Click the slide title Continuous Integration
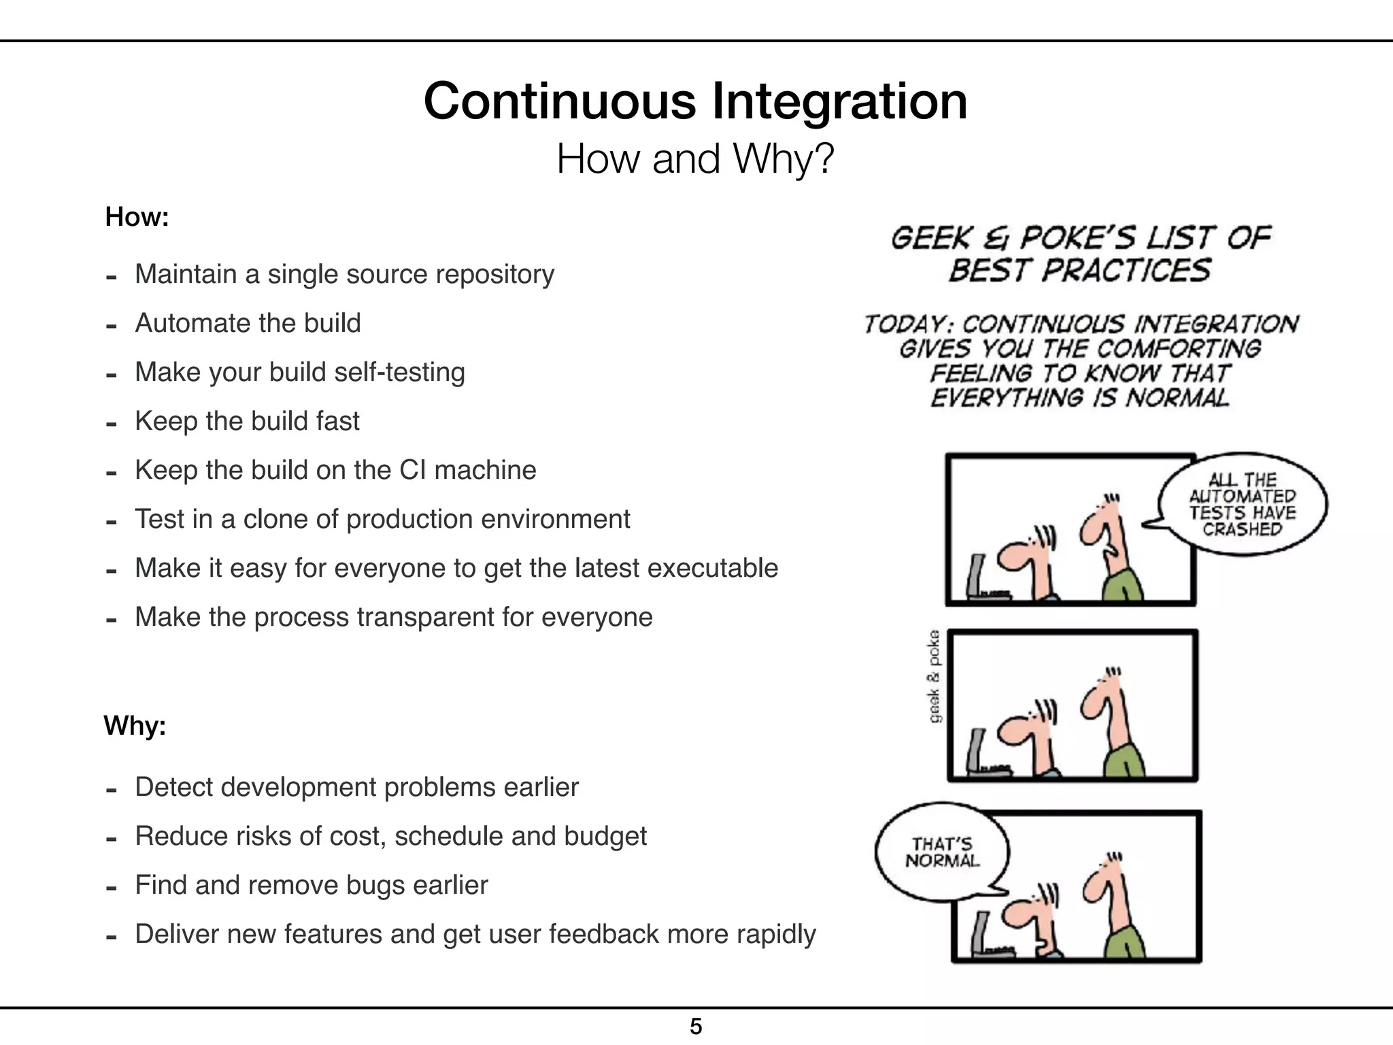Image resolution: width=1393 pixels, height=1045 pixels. pyautogui.click(x=695, y=101)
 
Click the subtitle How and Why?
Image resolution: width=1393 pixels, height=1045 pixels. pyautogui.click(x=695, y=159)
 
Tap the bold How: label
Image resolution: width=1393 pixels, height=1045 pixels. pyautogui.click(x=137, y=217)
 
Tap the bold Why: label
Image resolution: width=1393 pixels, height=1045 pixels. pyautogui.click(x=135, y=725)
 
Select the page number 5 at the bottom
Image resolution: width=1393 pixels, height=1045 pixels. pyautogui.click(x=696, y=1026)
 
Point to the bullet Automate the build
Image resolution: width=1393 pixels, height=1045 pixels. pyautogui.click(x=248, y=323)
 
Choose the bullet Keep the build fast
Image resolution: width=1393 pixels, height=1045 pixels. pyautogui.click(x=247, y=421)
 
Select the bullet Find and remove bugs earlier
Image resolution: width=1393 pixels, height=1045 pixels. pyautogui.click(x=312, y=885)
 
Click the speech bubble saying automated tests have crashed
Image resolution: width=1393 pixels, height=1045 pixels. pyautogui.click(x=1242, y=504)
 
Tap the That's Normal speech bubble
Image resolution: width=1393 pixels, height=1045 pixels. pyautogui.click(x=942, y=852)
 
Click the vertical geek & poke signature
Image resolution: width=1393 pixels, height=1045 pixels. pyautogui.click(x=935, y=677)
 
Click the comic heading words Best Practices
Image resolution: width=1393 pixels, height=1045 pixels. pyautogui.click(x=1079, y=271)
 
